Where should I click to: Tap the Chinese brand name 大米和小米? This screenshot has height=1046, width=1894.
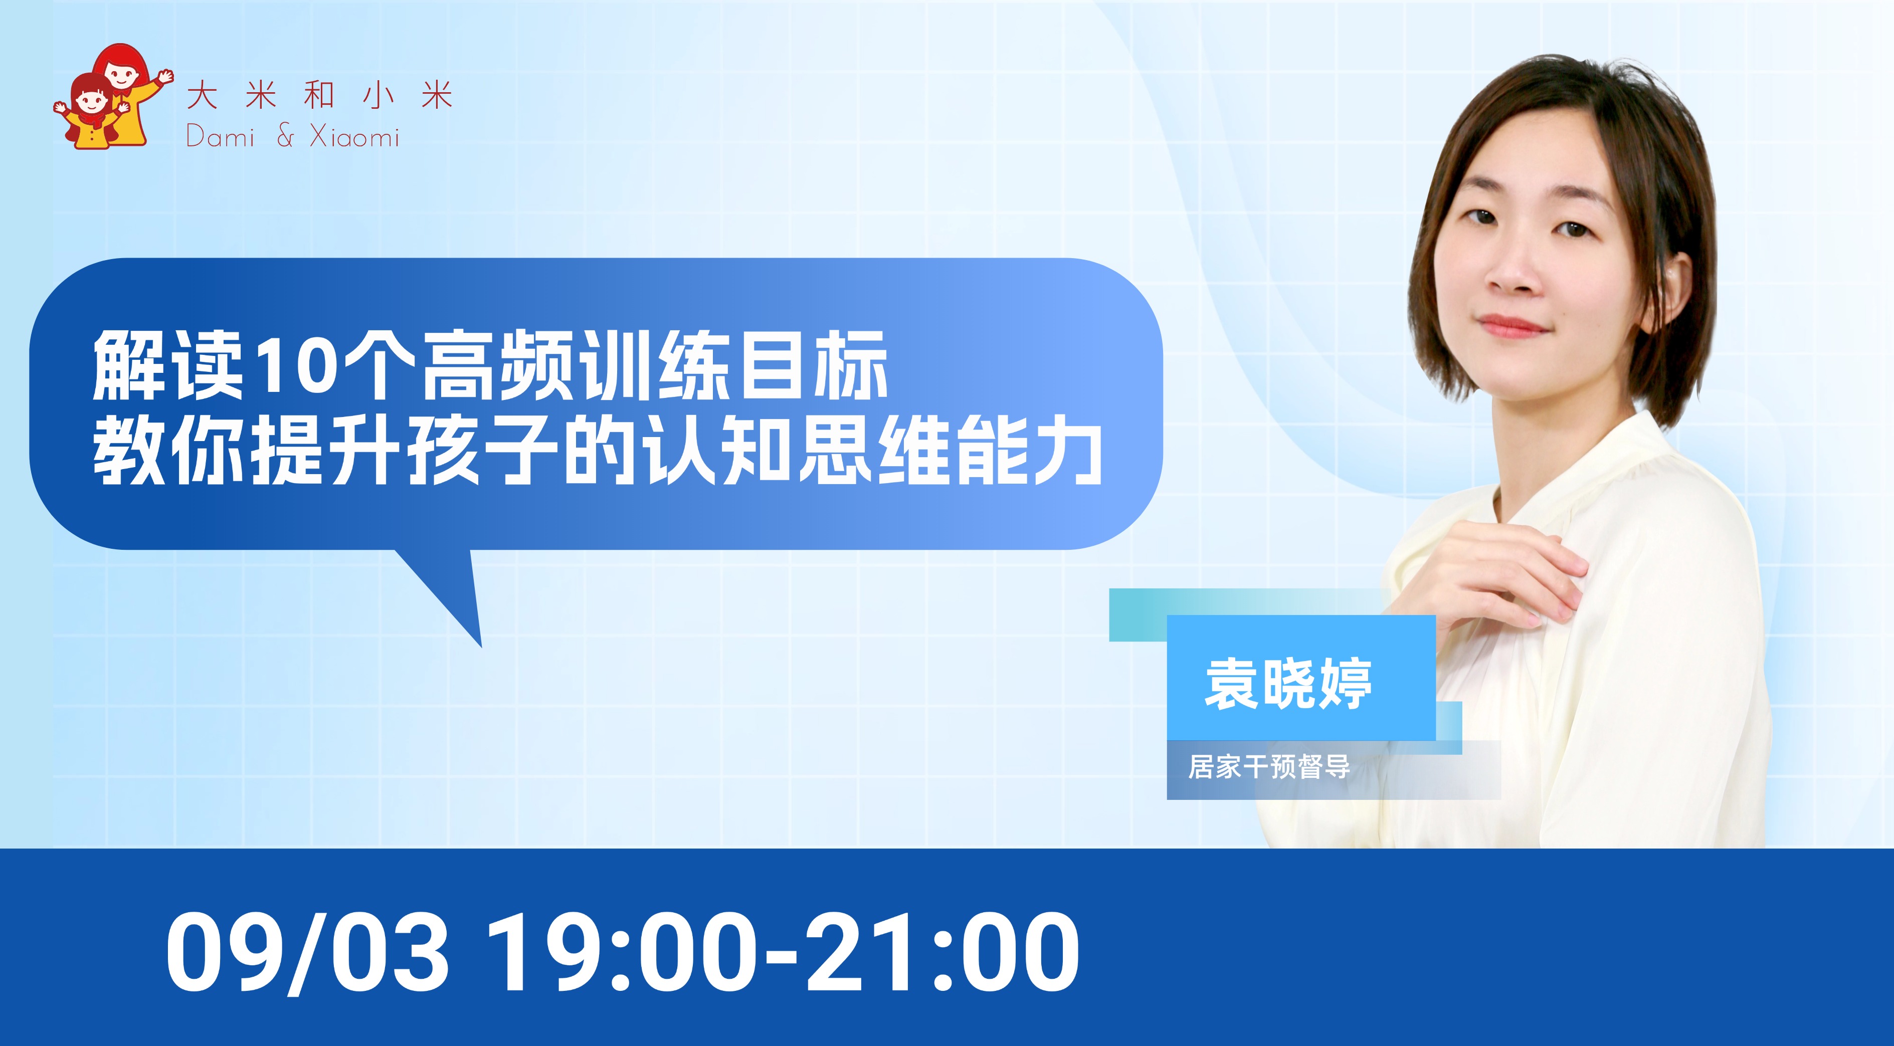(x=319, y=96)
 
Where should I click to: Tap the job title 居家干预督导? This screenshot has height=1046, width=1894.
(x=1269, y=767)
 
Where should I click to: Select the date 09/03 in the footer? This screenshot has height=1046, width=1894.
(x=307, y=953)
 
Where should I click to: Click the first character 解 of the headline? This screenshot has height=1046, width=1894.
(x=129, y=364)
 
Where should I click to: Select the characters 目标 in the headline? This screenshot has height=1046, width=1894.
(x=813, y=364)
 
